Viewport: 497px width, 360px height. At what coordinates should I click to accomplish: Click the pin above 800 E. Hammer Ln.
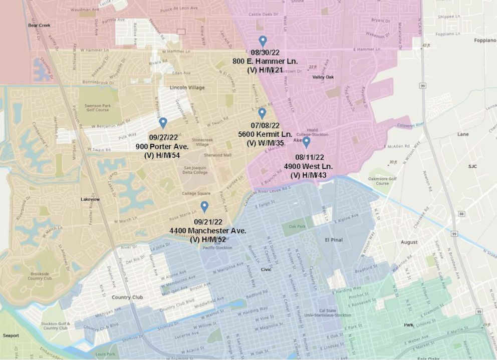pyautogui.click(x=263, y=42)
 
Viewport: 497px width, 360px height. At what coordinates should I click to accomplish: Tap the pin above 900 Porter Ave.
pyautogui.click(x=163, y=123)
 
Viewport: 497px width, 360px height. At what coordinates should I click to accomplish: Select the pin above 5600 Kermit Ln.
pyautogui.click(x=262, y=113)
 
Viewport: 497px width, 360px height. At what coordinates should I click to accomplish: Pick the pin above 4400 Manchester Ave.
pyautogui.click(x=204, y=206)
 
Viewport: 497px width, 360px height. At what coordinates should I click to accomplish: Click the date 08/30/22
pyautogui.click(x=265, y=53)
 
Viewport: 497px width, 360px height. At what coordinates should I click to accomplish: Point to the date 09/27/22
pyautogui.click(x=164, y=138)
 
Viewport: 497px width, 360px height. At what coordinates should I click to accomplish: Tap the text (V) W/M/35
pyautogui.click(x=265, y=143)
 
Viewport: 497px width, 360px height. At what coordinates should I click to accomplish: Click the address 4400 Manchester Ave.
pyautogui.click(x=208, y=231)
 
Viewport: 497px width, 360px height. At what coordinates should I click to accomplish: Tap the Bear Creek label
pyautogui.click(x=40, y=25)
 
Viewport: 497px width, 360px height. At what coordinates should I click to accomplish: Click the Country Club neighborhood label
pyautogui.click(x=127, y=297)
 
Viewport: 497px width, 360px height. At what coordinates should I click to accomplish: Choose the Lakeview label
pyautogui.click(x=90, y=199)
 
